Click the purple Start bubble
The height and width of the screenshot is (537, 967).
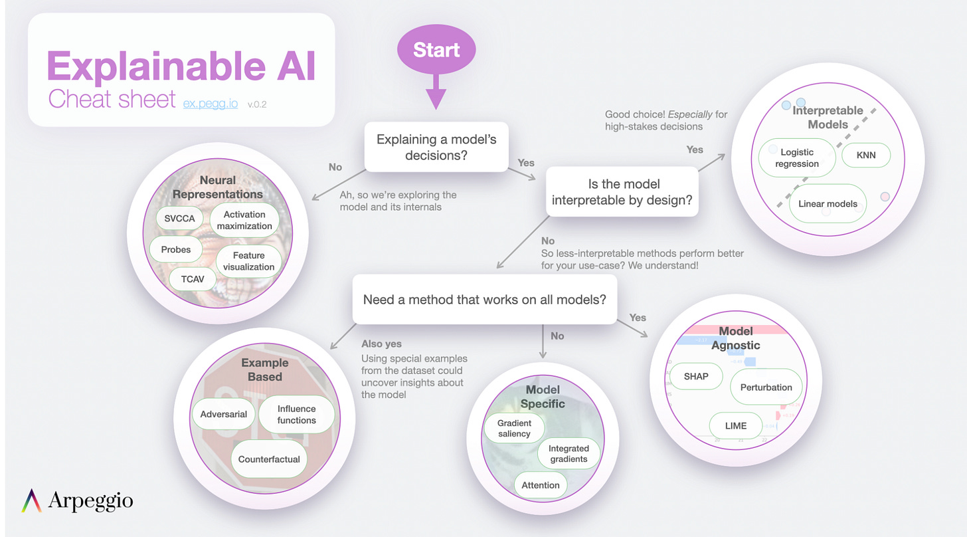[436, 51]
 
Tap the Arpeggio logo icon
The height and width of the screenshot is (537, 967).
[32, 500]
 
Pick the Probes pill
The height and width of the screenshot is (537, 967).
[176, 250]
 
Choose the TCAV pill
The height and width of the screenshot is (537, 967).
[193, 279]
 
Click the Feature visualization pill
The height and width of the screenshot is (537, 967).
[248, 261]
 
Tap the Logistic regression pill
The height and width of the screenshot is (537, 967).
[797, 158]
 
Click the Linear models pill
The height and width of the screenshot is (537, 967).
[828, 204]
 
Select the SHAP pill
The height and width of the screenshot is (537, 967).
[696, 376]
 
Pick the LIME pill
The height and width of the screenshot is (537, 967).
[736, 425]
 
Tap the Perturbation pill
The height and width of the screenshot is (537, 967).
[766, 387]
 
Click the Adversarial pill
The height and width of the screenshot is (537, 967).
[223, 414]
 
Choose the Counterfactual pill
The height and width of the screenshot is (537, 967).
[269, 459]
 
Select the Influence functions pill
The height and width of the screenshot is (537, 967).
[296, 415]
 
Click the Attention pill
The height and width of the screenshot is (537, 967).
[541, 485]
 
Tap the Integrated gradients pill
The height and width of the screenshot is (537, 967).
[569, 454]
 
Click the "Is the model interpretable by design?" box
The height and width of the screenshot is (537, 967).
[624, 191]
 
